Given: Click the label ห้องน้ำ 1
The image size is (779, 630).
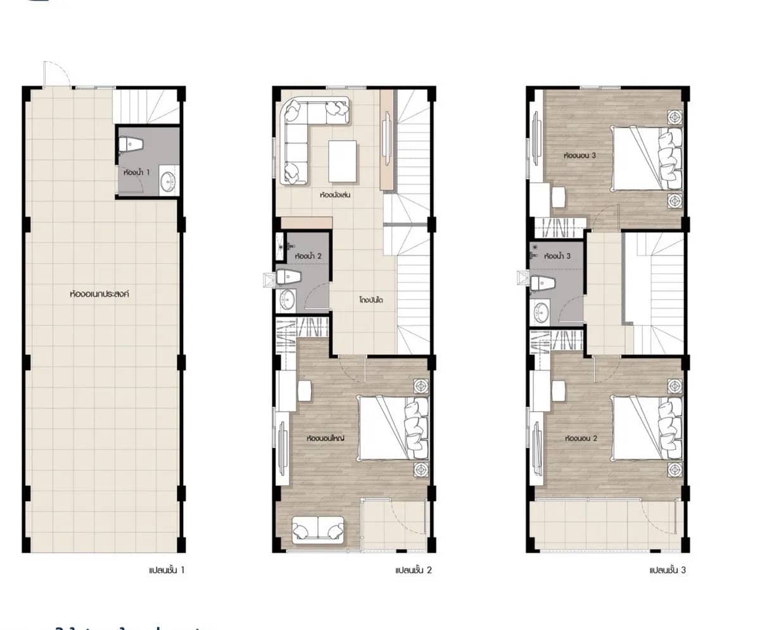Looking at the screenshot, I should click(136, 171).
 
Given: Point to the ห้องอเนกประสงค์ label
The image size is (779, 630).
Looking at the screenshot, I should click(99, 294).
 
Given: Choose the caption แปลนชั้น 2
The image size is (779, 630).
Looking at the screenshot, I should click(413, 570).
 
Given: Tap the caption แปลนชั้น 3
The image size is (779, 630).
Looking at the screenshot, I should click(668, 570).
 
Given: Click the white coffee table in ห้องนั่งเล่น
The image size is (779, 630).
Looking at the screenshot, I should click(342, 161).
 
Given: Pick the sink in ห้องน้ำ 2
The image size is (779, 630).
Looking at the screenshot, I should click(286, 300).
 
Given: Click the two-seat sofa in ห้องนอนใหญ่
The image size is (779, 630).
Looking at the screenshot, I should click(319, 529).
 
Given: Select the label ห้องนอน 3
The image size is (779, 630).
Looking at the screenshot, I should click(579, 154).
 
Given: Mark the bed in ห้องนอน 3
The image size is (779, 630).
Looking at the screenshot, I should click(646, 157).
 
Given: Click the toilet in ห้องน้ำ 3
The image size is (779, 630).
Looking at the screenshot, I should click(541, 283).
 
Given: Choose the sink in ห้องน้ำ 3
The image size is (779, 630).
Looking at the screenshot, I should click(541, 311).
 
